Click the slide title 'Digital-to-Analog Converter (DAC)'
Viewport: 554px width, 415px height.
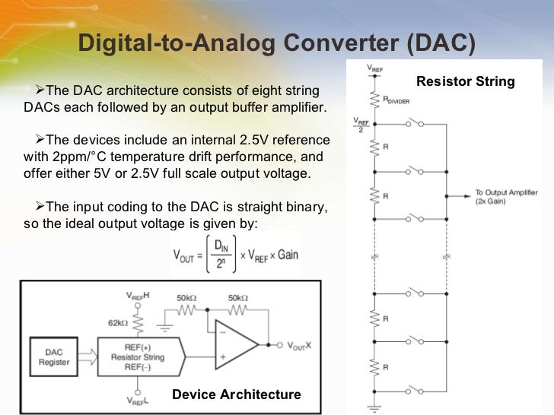tap(277, 43)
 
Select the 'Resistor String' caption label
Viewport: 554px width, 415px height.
tap(466, 81)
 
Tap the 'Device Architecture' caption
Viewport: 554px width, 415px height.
tap(237, 394)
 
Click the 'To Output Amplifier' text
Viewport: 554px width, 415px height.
tap(507, 192)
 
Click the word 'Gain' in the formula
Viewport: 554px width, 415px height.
tap(288, 255)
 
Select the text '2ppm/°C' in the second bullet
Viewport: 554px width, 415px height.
tap(80, 157)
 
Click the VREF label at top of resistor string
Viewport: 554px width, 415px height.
tap(374, 68)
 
